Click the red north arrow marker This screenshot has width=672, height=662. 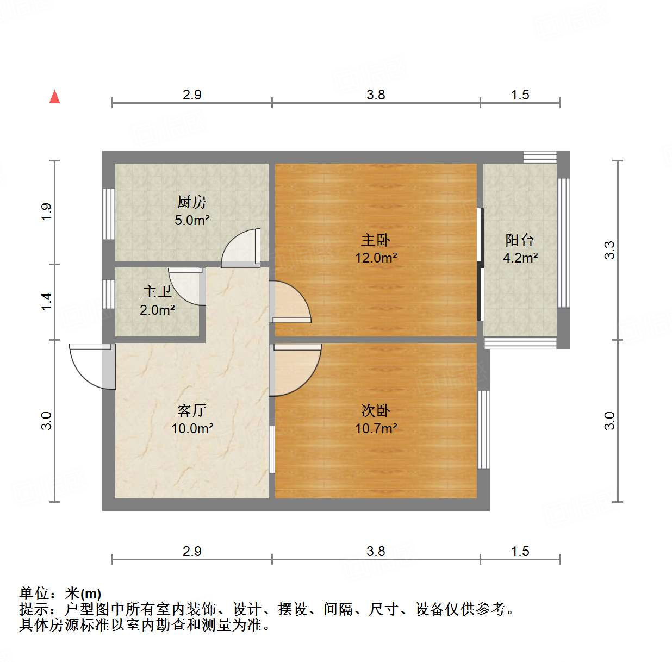(x=54, y=97)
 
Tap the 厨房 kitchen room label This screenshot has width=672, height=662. (x=191, y=202)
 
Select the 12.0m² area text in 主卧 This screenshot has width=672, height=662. (x=376, y=258)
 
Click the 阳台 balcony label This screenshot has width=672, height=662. (x=520, y=240)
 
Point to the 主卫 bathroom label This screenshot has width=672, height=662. (x=157, y=292)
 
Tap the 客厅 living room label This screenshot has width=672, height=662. (x=191, y=410)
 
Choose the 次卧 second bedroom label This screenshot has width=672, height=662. (x=376, y=410)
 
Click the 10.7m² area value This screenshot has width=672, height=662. (x=376, y=429)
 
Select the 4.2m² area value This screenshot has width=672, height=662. (x=520, y=258)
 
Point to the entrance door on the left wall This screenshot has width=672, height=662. (x=92, y=366)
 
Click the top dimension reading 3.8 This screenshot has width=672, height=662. (x=375, y=95)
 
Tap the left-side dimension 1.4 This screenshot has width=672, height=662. (x=46, y=301)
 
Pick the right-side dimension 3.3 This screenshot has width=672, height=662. (x=609, y=250)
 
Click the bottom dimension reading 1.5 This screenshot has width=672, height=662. (x=520, y=552)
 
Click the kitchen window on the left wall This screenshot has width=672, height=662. (x=109, y=214)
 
